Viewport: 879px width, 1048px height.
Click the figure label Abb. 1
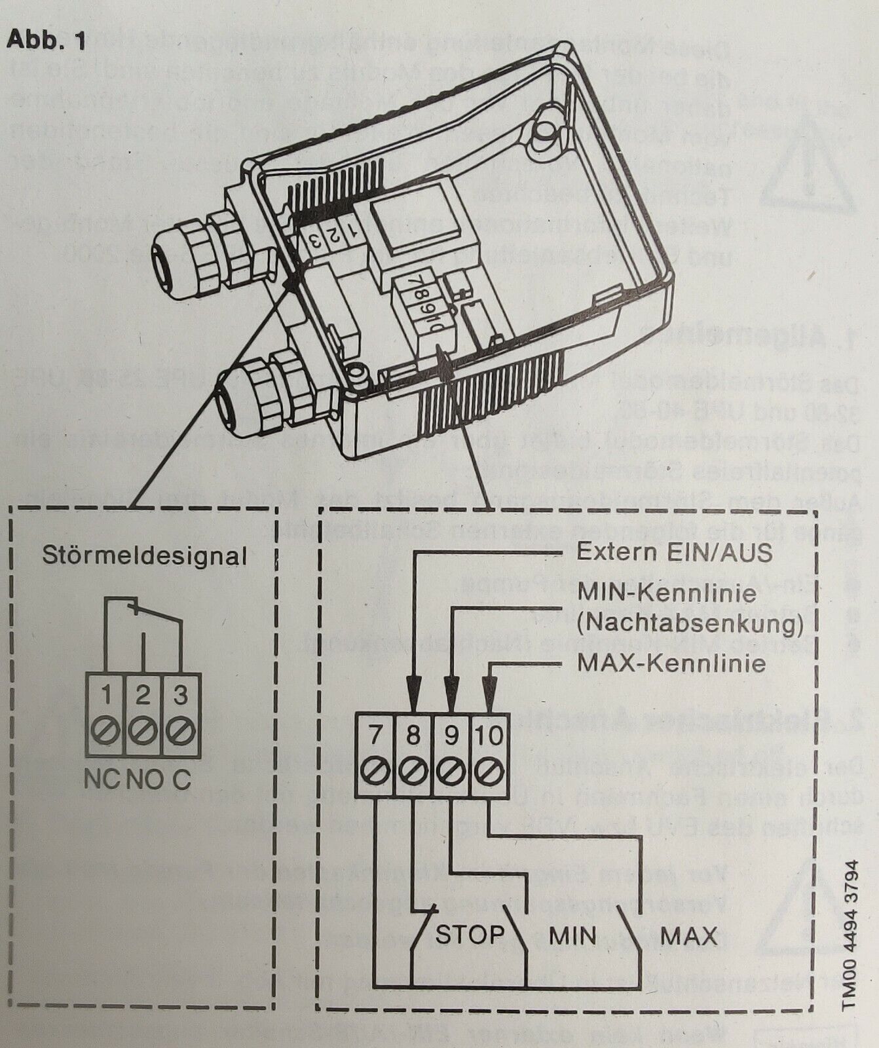click(x=46, y=41)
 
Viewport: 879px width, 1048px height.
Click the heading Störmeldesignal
click(x=145, y=556)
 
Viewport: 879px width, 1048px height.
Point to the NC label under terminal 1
click(x=103, y=780)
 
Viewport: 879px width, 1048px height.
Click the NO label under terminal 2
click(x=144, y=780)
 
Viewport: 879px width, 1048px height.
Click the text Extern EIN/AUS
click(x=674, y=552)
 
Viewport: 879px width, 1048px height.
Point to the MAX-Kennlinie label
click(x=671, y=664)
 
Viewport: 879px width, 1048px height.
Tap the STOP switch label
click(x=470, y=935)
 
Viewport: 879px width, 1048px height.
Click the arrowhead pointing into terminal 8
click(x=413, y=696)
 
